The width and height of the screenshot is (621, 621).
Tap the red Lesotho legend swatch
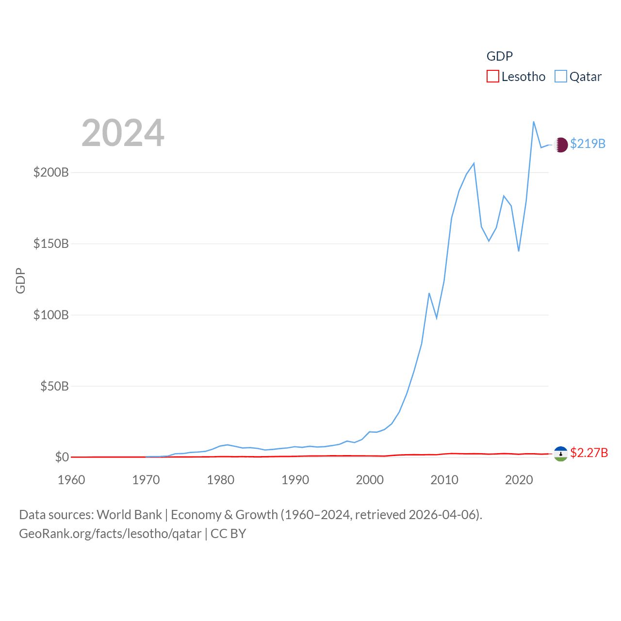tap(493, 77)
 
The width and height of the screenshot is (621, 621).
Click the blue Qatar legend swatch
tap(561, 77)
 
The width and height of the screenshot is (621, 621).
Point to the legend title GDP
tap(500, 56)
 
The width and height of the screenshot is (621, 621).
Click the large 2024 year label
tap(123, 133)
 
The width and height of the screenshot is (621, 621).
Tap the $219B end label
tap(588, 144)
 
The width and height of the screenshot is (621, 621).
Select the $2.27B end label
tap(589, 453)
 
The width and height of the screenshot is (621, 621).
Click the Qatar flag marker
tap(561, 145)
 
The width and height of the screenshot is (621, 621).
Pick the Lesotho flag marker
tap(561, 454)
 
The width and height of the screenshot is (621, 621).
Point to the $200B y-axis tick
tap(51, 172)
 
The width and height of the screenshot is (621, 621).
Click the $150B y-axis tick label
tap(51, 244)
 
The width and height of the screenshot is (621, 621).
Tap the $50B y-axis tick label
tap(54, 386)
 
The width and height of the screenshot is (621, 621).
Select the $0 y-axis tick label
tap(62, 457)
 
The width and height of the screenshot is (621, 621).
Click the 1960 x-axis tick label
tap(71, 480)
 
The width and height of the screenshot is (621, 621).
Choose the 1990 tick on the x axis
tap(295, 480)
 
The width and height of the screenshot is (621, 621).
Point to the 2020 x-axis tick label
tap(519, 480)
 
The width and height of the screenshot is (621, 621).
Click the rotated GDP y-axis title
tap(20, 280)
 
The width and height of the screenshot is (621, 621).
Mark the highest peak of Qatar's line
tap(534, 122)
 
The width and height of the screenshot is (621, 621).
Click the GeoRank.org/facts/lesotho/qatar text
tap(110, 534)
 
